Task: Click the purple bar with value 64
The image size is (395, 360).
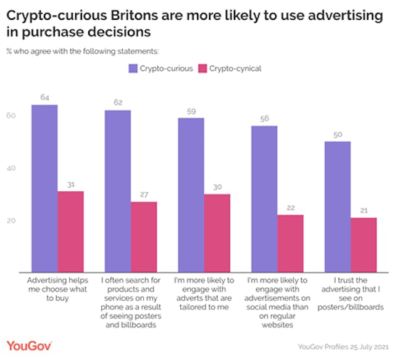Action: [44, 188]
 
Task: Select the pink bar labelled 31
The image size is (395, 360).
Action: [70, 232]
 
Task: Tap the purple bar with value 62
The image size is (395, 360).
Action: [117, 191]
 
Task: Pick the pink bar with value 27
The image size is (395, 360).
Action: [144, 237]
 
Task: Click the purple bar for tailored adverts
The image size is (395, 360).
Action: [191, 195]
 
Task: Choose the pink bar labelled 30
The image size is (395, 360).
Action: [217, 233]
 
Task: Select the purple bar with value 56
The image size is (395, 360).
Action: [264, 199]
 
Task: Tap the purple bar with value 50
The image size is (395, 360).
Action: [338, 206]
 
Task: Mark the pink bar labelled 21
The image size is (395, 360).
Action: [363, 245]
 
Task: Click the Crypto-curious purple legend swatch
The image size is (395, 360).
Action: [133, 68]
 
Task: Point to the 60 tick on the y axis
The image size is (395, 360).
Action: [11, 115]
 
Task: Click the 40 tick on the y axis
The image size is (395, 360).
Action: [11, 168]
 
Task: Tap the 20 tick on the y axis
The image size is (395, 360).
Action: [11, 220]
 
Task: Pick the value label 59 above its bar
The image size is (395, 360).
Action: [192, 112]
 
